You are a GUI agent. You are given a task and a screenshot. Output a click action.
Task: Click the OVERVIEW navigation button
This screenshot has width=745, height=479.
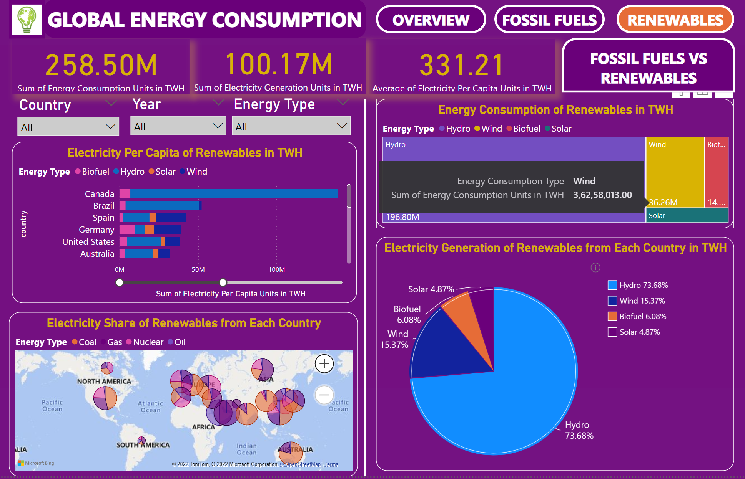point(431,20)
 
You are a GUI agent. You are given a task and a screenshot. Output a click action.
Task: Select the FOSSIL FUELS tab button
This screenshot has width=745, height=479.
point(549,20)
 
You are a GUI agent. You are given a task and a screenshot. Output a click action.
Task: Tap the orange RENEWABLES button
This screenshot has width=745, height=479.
point(675,20)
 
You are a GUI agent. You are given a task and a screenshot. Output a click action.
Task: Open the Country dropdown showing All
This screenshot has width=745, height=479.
point(68,127)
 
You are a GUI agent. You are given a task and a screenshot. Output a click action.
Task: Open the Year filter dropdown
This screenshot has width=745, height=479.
point(178,126)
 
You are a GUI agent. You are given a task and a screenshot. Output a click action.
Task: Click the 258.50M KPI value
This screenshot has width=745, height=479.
point(101,65)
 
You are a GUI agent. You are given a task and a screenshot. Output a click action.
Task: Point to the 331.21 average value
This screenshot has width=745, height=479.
point(461,65)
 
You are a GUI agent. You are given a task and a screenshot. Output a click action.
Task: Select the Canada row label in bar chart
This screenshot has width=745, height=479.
point(99,194)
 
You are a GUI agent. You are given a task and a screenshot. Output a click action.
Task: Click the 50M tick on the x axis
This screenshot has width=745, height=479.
point(198,269)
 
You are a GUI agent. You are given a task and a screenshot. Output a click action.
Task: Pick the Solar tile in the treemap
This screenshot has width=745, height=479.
point(687,215)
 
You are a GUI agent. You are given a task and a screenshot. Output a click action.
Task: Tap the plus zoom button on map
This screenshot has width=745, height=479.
point(324,363)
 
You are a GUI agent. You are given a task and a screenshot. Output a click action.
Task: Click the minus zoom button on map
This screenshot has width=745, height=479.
point(324,395)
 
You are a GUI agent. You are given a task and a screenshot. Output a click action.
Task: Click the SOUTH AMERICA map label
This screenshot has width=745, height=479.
point(143,445)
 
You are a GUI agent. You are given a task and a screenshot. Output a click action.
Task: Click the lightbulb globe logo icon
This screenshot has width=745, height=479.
point(27,20)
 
